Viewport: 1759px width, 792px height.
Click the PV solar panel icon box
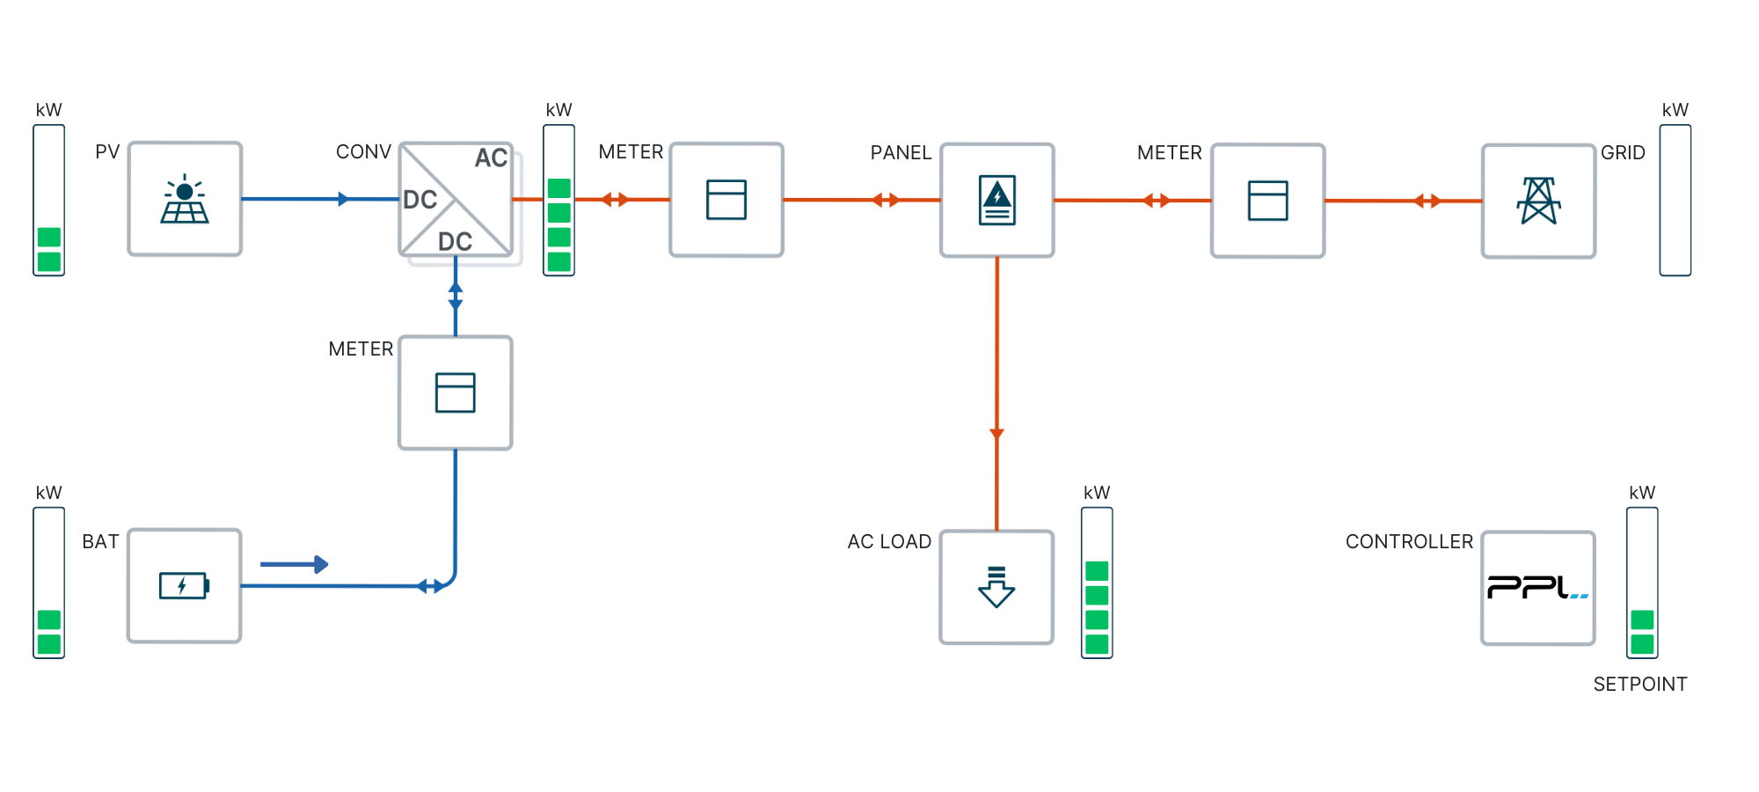coord(185,199)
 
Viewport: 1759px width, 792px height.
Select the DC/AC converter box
coord(456,200)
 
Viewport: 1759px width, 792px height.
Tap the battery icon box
coord(185,585)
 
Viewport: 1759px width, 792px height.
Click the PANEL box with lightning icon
coord(997,201)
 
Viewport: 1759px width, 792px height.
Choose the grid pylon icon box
coord(1538,202)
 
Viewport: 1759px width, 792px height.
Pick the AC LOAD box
coord(996,587)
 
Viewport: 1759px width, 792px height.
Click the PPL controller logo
coord(1538,588)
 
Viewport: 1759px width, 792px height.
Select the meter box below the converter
coord(456,392)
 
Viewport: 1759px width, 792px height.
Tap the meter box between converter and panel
coord(726,200)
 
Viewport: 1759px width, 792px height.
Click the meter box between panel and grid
coord(1267,201)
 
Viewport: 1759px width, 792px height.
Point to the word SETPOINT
coord(1640,685)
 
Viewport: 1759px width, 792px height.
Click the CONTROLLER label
coord(1409,542)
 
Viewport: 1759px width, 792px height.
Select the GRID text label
coord(1623,153)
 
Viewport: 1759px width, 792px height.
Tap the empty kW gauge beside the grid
coord(1675,201)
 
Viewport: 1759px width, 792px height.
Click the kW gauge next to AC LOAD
coord(1097,583)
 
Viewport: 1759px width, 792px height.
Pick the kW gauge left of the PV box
coord(49,201)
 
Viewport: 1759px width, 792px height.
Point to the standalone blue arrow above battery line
coord(295,564)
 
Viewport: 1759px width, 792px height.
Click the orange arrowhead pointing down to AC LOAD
coord(996,433)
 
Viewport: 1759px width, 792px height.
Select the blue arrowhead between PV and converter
coord(343,200)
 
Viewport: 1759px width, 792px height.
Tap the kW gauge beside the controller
coord(1642,583)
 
